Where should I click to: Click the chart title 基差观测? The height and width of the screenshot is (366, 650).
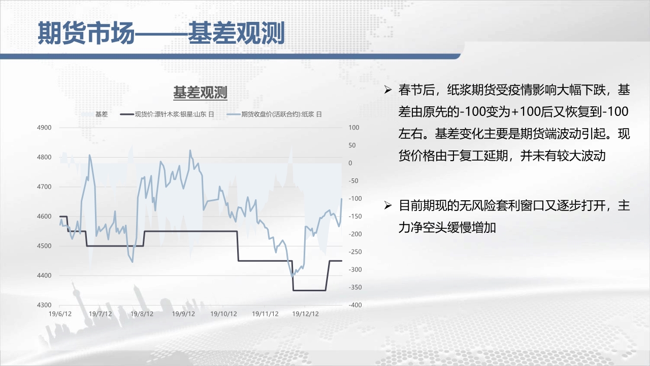(x=200, y=93)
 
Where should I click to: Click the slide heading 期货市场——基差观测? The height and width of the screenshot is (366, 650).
(x=161, y=33)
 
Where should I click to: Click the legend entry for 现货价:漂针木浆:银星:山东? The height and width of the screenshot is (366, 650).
(x=167, y=114)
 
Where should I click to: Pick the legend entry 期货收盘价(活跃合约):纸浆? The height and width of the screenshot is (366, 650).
(x=274, y=114)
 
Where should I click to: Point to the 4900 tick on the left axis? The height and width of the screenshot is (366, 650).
(x=44, y=128)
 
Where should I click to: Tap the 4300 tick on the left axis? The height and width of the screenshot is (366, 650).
(x=44, y=305)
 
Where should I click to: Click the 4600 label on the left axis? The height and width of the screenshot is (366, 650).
(x=44, y=217)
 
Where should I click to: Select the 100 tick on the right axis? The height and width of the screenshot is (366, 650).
(x=354, y=128)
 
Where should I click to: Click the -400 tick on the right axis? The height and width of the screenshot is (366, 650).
(x=355, y=305)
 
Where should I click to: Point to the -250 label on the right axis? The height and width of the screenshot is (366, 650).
(x=355, y=252)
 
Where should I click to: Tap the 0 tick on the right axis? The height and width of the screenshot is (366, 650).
(x=350, y=163)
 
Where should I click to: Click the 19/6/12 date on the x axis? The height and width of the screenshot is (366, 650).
(x=60, y=314)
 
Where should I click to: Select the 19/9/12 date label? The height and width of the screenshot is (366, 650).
(x=183, y=314)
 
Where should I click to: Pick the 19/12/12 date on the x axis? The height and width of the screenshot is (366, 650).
(x=305, y=314)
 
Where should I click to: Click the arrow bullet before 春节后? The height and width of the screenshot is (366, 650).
(x=388, y=90)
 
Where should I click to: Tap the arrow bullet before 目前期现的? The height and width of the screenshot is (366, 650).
(x=388, y=205)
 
